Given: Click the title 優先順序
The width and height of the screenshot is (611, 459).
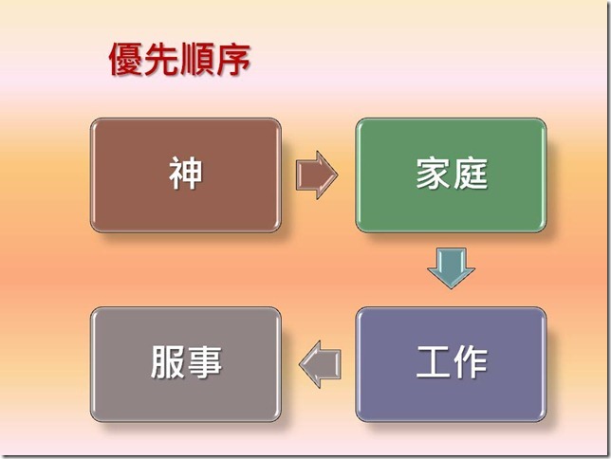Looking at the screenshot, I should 179,60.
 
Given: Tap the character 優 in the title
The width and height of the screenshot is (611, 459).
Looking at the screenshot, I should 125,60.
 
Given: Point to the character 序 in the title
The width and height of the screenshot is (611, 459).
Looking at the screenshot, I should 233,60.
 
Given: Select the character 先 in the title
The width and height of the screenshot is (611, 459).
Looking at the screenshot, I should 161,60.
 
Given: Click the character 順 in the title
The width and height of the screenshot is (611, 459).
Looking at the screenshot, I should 197,60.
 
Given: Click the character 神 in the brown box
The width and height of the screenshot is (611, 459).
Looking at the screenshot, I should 186,174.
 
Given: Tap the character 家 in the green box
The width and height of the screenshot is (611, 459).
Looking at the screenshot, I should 433,174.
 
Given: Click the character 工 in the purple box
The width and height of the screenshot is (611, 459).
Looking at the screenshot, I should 433,363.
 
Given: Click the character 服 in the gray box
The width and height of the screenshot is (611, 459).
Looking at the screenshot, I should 167,363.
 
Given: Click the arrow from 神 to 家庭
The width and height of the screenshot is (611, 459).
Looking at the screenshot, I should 317,174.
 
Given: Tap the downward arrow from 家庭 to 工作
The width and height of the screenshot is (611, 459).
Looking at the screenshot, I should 451,268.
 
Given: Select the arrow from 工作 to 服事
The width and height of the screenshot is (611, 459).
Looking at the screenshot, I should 320,363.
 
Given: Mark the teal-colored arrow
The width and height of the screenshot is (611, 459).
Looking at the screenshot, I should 451,268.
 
